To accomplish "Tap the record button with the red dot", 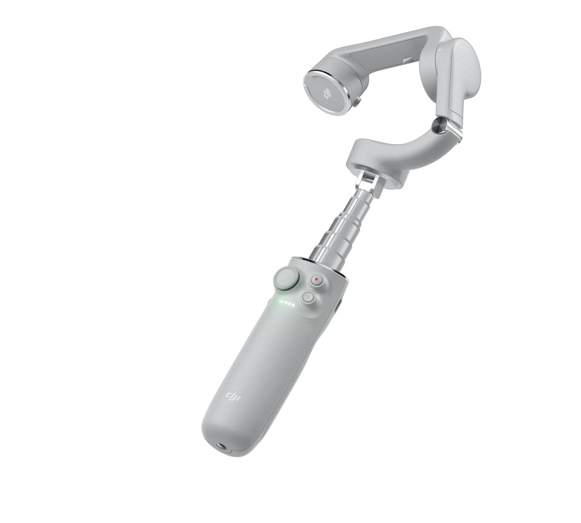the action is coord(316,280).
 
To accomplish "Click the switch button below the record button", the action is coord(308,297).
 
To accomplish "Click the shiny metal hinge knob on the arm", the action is coord(438,126).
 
